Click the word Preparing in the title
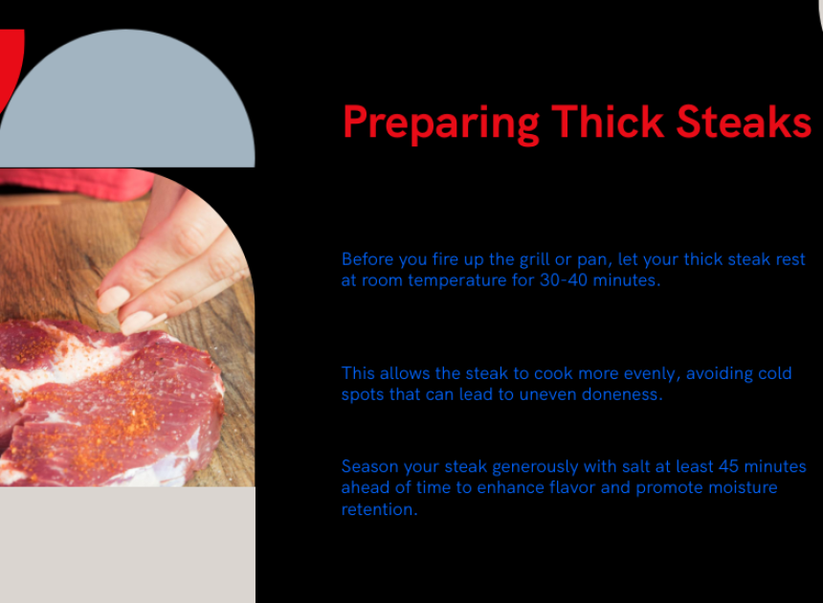[x=441, y=123]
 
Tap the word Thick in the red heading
[x=608, y=122]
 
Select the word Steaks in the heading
[x=744, y=122]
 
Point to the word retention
[x=380, y=509]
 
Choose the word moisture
[x=743, y=487]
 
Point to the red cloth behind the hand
[x=74, y=184]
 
